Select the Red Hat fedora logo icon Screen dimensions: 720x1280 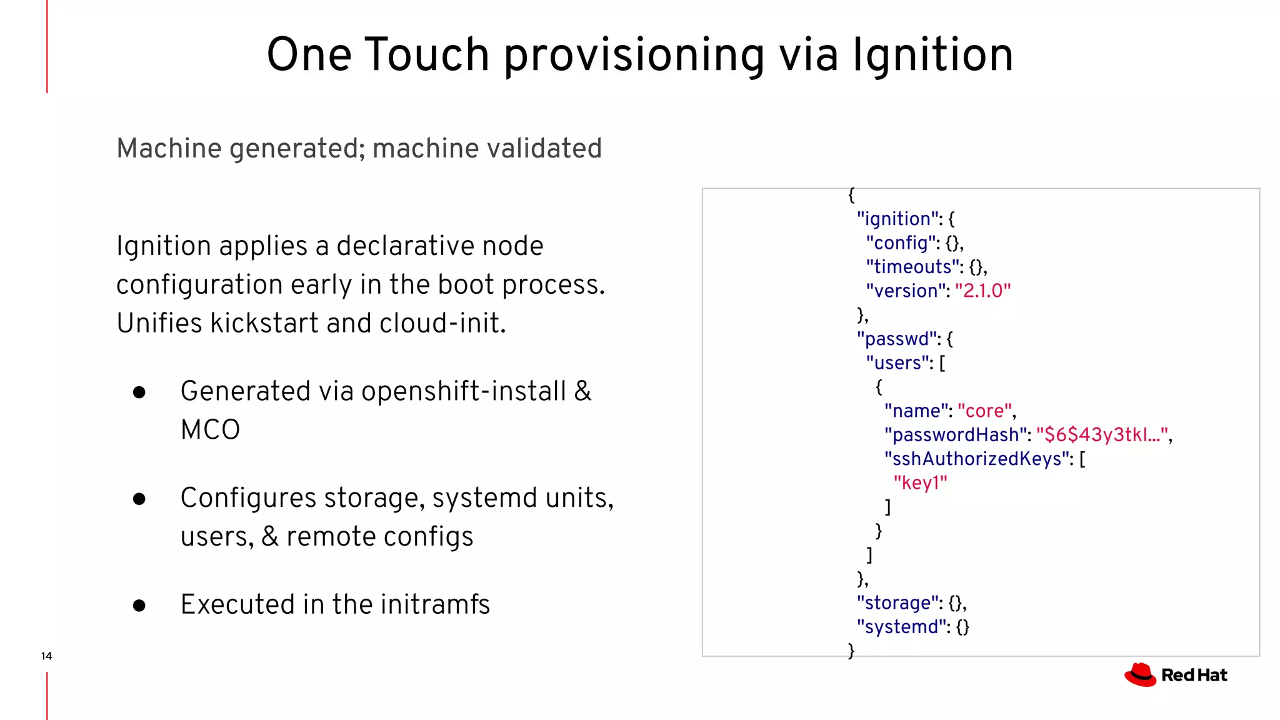pyautogui.click(x=1140, y=675)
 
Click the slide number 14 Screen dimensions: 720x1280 pyautogui.click(x=46, y=656)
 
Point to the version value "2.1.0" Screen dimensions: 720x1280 pyautogui.click(x=982, y=291)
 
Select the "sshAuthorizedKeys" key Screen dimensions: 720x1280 pyautogui.click(x=977, y=459)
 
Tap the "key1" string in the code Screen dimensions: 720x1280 pyautogui.click(x=920, y=483)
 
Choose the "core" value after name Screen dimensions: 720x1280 pyautogui.click(x=985, y=411)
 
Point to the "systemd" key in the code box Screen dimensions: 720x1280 pyautogui.click(x=901, y=627)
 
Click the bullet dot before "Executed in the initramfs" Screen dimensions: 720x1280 pyautogui.click(x=139, y=606)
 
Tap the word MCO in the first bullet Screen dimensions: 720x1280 pyautogui.click(x=210, y=430)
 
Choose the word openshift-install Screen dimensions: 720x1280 pyautogui.click(x=463, y=391)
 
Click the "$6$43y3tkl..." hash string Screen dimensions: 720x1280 pyautogui.click(x=1102, y=435)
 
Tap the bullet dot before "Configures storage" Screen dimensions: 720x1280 pyautogui.click(x=139, y=499)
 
